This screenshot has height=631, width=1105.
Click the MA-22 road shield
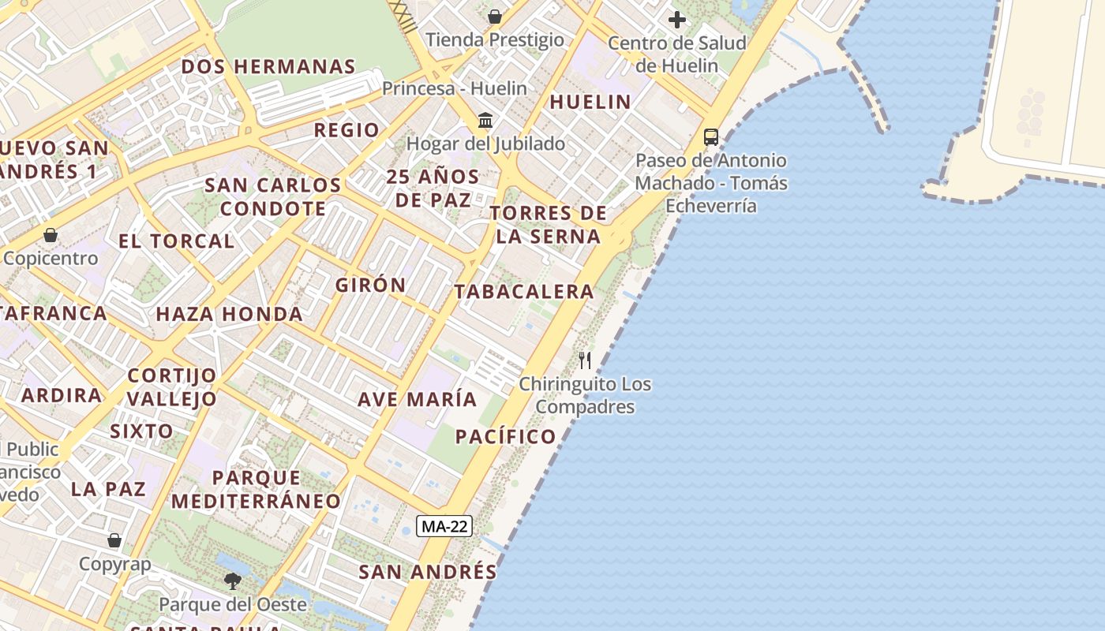444,527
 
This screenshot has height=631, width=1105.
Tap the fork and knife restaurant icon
585,360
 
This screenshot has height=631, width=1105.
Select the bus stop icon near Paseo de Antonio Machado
711,137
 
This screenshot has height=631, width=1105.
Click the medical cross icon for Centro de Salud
677,20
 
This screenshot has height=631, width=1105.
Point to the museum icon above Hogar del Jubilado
485,121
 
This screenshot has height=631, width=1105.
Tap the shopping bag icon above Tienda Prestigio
495,17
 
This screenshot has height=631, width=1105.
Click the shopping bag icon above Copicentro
51,235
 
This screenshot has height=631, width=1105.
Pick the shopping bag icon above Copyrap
114,540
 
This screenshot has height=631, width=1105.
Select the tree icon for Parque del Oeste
233,581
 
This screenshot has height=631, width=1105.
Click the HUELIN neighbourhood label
590,102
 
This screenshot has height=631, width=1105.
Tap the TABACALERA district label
524,292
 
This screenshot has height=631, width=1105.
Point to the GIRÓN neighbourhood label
371,285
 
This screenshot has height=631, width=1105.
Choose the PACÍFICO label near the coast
506,436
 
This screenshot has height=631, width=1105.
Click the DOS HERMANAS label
268,67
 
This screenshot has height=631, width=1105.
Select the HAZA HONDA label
229,314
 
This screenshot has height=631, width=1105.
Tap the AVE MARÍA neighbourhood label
418,399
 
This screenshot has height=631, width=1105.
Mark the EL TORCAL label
177,241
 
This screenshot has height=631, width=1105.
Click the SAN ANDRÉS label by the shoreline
428,572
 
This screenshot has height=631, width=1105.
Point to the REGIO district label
346,130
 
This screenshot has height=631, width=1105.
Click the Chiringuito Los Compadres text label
585,395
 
